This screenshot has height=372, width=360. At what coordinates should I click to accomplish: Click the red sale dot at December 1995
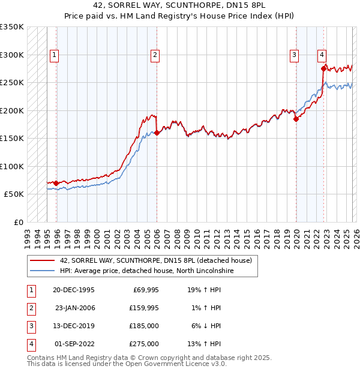click(x=56, y=183)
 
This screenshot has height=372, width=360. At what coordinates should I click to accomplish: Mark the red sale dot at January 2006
click(x=157, y=133)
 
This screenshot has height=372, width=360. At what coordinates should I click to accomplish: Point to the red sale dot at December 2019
click(x=296, y=119)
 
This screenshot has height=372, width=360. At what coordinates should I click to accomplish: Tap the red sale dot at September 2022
click(x=323, y=68)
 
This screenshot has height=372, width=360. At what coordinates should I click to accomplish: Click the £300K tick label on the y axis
click(x=12, y=55)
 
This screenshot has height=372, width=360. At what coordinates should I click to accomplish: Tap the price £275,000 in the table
click(x=145, y=344)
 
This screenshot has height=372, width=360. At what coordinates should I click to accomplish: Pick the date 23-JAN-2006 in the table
click(x=74, y=308)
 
